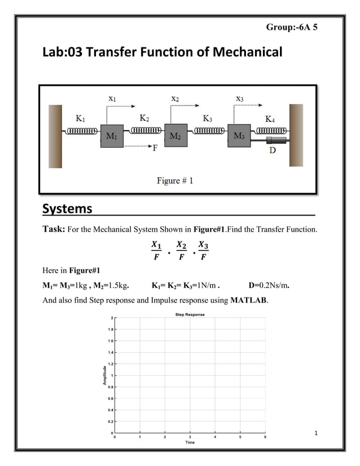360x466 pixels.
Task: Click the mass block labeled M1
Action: tap(112, 137)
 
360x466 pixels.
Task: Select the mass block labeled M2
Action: tap(175, 137)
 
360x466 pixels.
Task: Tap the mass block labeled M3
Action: tap(238, 137)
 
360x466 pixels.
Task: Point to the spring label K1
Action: tap(81, 118)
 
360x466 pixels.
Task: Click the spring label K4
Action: tap(271, 119)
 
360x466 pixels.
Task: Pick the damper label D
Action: tap(272, 151)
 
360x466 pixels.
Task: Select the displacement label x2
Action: tap(175, 98)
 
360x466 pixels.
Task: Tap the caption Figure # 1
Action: tap(175, 181)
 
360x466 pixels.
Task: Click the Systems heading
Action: tap(67, 209)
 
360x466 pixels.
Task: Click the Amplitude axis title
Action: tap(104, 375)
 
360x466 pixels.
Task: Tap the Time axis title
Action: tap(190, 442)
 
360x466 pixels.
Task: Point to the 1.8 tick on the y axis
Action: tap(110, 329)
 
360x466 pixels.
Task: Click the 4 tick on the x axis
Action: tap(215, 437)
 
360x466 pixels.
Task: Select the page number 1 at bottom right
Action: tap(317, 433)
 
